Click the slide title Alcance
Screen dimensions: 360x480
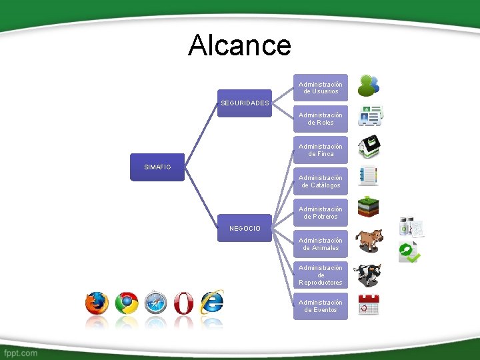(239, 45)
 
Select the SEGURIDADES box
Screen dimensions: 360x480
(245, 103)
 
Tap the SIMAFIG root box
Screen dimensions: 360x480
(158, 167)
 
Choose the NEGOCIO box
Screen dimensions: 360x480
(245, 228)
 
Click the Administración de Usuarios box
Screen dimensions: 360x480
(321, 87)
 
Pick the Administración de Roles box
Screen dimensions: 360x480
(321, 119)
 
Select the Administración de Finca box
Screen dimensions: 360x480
(321, 150)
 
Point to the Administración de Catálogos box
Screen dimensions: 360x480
(321, 181)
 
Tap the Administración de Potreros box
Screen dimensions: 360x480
(321, 213)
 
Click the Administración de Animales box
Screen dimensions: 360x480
(321, 244)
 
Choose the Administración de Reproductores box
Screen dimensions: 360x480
(321, 275)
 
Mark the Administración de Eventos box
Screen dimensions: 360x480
(321, 306)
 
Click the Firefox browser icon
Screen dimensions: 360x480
(97, 303)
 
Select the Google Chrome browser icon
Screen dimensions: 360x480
(127, 303)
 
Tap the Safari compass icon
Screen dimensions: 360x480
(155, 303)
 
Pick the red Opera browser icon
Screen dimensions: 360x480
(184, 303)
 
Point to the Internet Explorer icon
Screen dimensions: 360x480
(212, 302)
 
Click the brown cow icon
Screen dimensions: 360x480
(369, 241)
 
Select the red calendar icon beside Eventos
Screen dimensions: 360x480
(368, 305)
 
